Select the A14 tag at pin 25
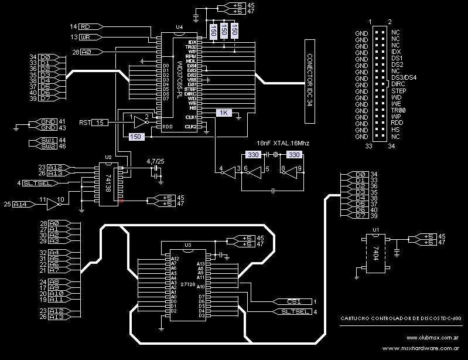[21, 204]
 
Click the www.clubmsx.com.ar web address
[430, 338]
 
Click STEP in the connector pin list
[398, 91]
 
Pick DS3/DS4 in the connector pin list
[404, 77]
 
